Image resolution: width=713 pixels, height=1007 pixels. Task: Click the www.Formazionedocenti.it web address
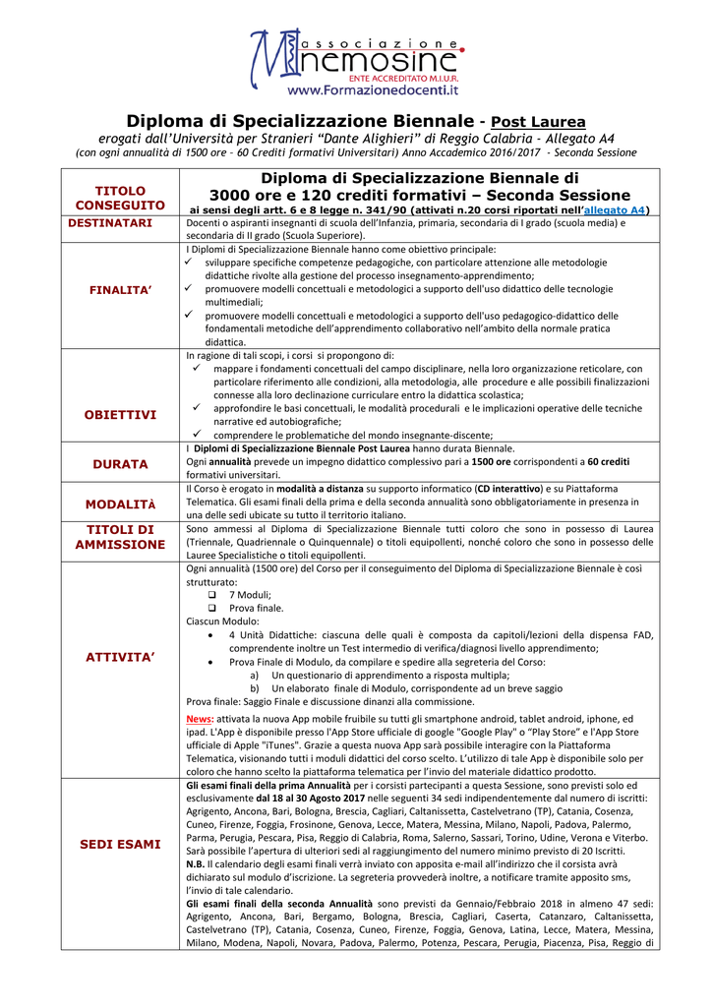(374, 90)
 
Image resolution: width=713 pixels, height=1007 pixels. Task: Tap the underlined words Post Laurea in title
(538, 122)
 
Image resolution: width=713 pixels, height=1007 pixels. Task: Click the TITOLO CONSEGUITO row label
(120, 197)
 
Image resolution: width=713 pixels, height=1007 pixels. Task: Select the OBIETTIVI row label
(120, 415)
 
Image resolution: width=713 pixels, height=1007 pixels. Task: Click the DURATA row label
(120, 463)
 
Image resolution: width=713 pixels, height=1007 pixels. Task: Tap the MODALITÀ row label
(120, 503)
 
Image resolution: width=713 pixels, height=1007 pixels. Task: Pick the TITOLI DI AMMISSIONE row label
(120, 537)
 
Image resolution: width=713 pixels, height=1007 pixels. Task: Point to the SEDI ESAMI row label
(120, 845)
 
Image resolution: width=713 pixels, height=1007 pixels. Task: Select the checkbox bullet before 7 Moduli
(212, 595)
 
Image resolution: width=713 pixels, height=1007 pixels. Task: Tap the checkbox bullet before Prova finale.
(212, 608)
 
